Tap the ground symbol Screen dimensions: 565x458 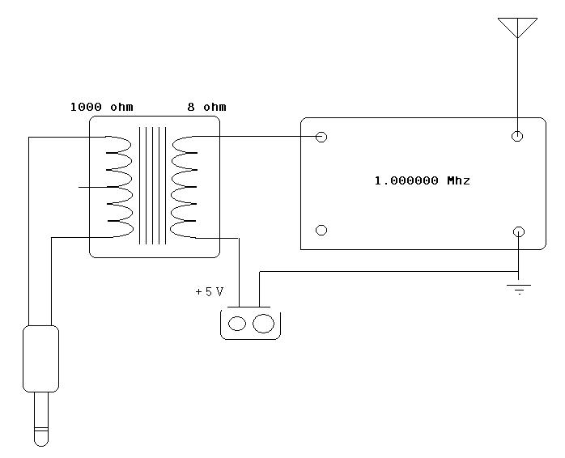click(519, 290)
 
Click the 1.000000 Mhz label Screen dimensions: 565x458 click(423, 180)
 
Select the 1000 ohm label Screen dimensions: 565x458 click(102, 107)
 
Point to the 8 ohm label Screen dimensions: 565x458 click(207, 107)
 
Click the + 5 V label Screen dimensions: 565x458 click(210, 291)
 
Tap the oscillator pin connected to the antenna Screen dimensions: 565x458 click(517, 136)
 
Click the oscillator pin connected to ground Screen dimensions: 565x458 click(519, 231)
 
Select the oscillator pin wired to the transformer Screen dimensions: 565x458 click(321, 137)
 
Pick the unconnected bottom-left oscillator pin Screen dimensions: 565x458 click(321, 230)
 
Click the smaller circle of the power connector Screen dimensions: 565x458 click(237, 323)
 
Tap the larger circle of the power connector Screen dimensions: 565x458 click(263, 323)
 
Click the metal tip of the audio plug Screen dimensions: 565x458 click(41, 419)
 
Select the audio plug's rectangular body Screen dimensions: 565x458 click(40, 358)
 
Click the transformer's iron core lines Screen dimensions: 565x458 click(153, 185)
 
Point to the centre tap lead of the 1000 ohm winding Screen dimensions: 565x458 click(93, 187)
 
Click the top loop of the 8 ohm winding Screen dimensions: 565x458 click(185, 144)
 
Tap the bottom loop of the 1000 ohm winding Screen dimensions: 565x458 click(121, 229)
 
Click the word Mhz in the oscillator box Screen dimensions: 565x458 click(459, 180)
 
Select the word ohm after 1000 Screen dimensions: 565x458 click(121, 107)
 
